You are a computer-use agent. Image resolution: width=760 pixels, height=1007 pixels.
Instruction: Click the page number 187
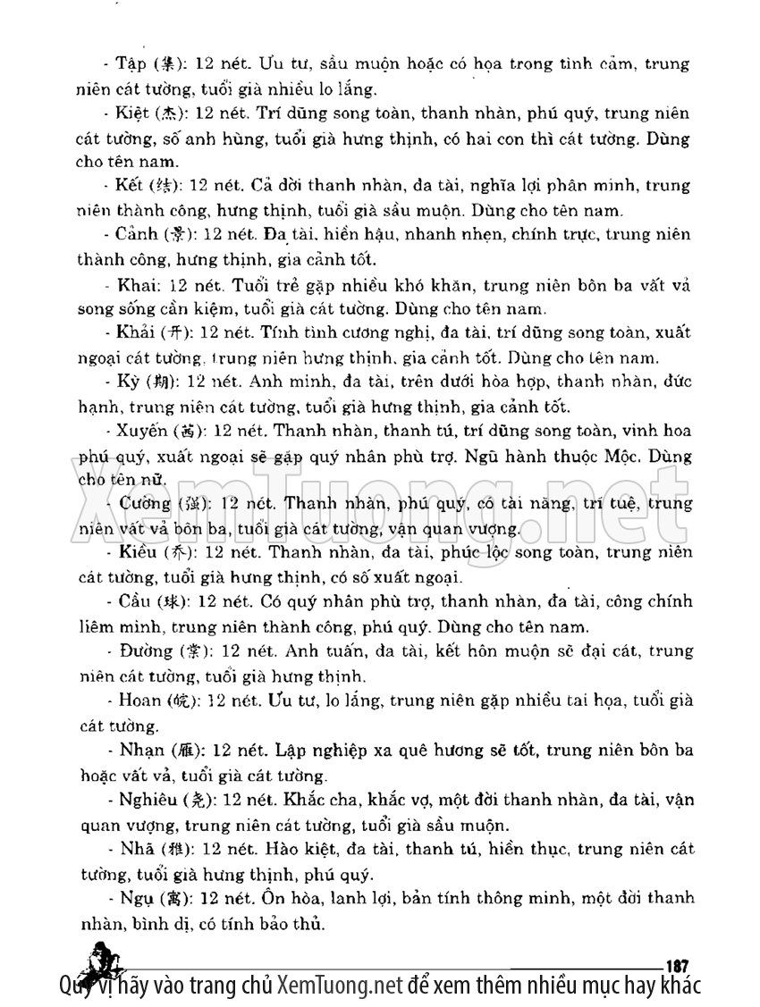pos(675,964)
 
